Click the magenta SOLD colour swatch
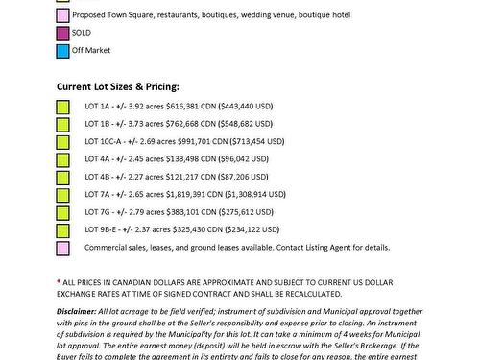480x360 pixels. click(x=62, y=33)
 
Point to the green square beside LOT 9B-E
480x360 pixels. click(x=62, y=231)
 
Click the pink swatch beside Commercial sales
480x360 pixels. click(x=62, y=247)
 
